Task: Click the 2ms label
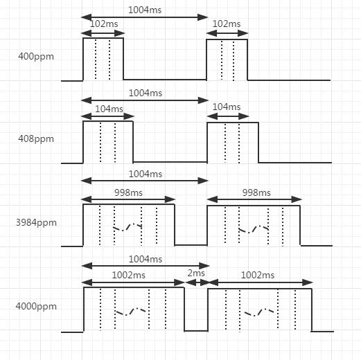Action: coord(196,273)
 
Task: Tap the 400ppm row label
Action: coord(36,57)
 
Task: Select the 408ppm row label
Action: coord(36,139)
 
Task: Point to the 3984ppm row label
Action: coord(36,223)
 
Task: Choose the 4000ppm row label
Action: coord(36,307)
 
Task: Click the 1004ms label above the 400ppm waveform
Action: coord(145,10)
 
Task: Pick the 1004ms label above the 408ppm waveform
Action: coord(146,93)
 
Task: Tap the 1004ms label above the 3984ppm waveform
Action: coord(146,174)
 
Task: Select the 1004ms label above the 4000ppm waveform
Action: coord(146,259)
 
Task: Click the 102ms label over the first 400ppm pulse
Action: coord(104,24)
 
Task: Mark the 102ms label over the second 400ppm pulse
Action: coord(227,24)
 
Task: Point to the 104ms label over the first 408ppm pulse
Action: coord(109,109)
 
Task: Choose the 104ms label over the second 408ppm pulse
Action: coord(227,107)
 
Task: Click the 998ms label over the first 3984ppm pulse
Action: coord(128,192)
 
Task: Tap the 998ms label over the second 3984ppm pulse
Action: coord(256,192)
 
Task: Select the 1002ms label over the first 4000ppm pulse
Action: coord(129,275)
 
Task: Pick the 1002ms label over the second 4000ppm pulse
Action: coord(258,275)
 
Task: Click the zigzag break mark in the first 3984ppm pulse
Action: coord(127,227)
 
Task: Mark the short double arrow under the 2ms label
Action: coord(197,282)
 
